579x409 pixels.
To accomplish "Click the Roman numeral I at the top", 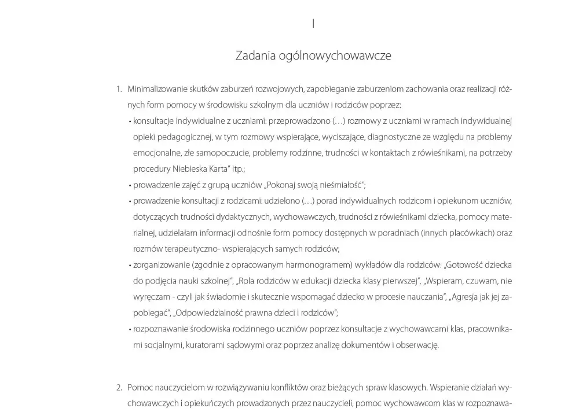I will [313, 24].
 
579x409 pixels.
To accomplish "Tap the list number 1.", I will [119, 89].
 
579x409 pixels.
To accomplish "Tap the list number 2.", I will [119, 388].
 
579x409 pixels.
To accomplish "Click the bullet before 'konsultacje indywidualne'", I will [130, 121].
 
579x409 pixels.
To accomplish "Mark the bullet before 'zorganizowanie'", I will [130, 266].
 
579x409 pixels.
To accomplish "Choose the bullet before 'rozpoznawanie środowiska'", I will [130, 330].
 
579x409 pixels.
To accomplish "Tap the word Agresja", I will [468, 297].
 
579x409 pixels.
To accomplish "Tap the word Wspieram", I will [443, 282].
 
